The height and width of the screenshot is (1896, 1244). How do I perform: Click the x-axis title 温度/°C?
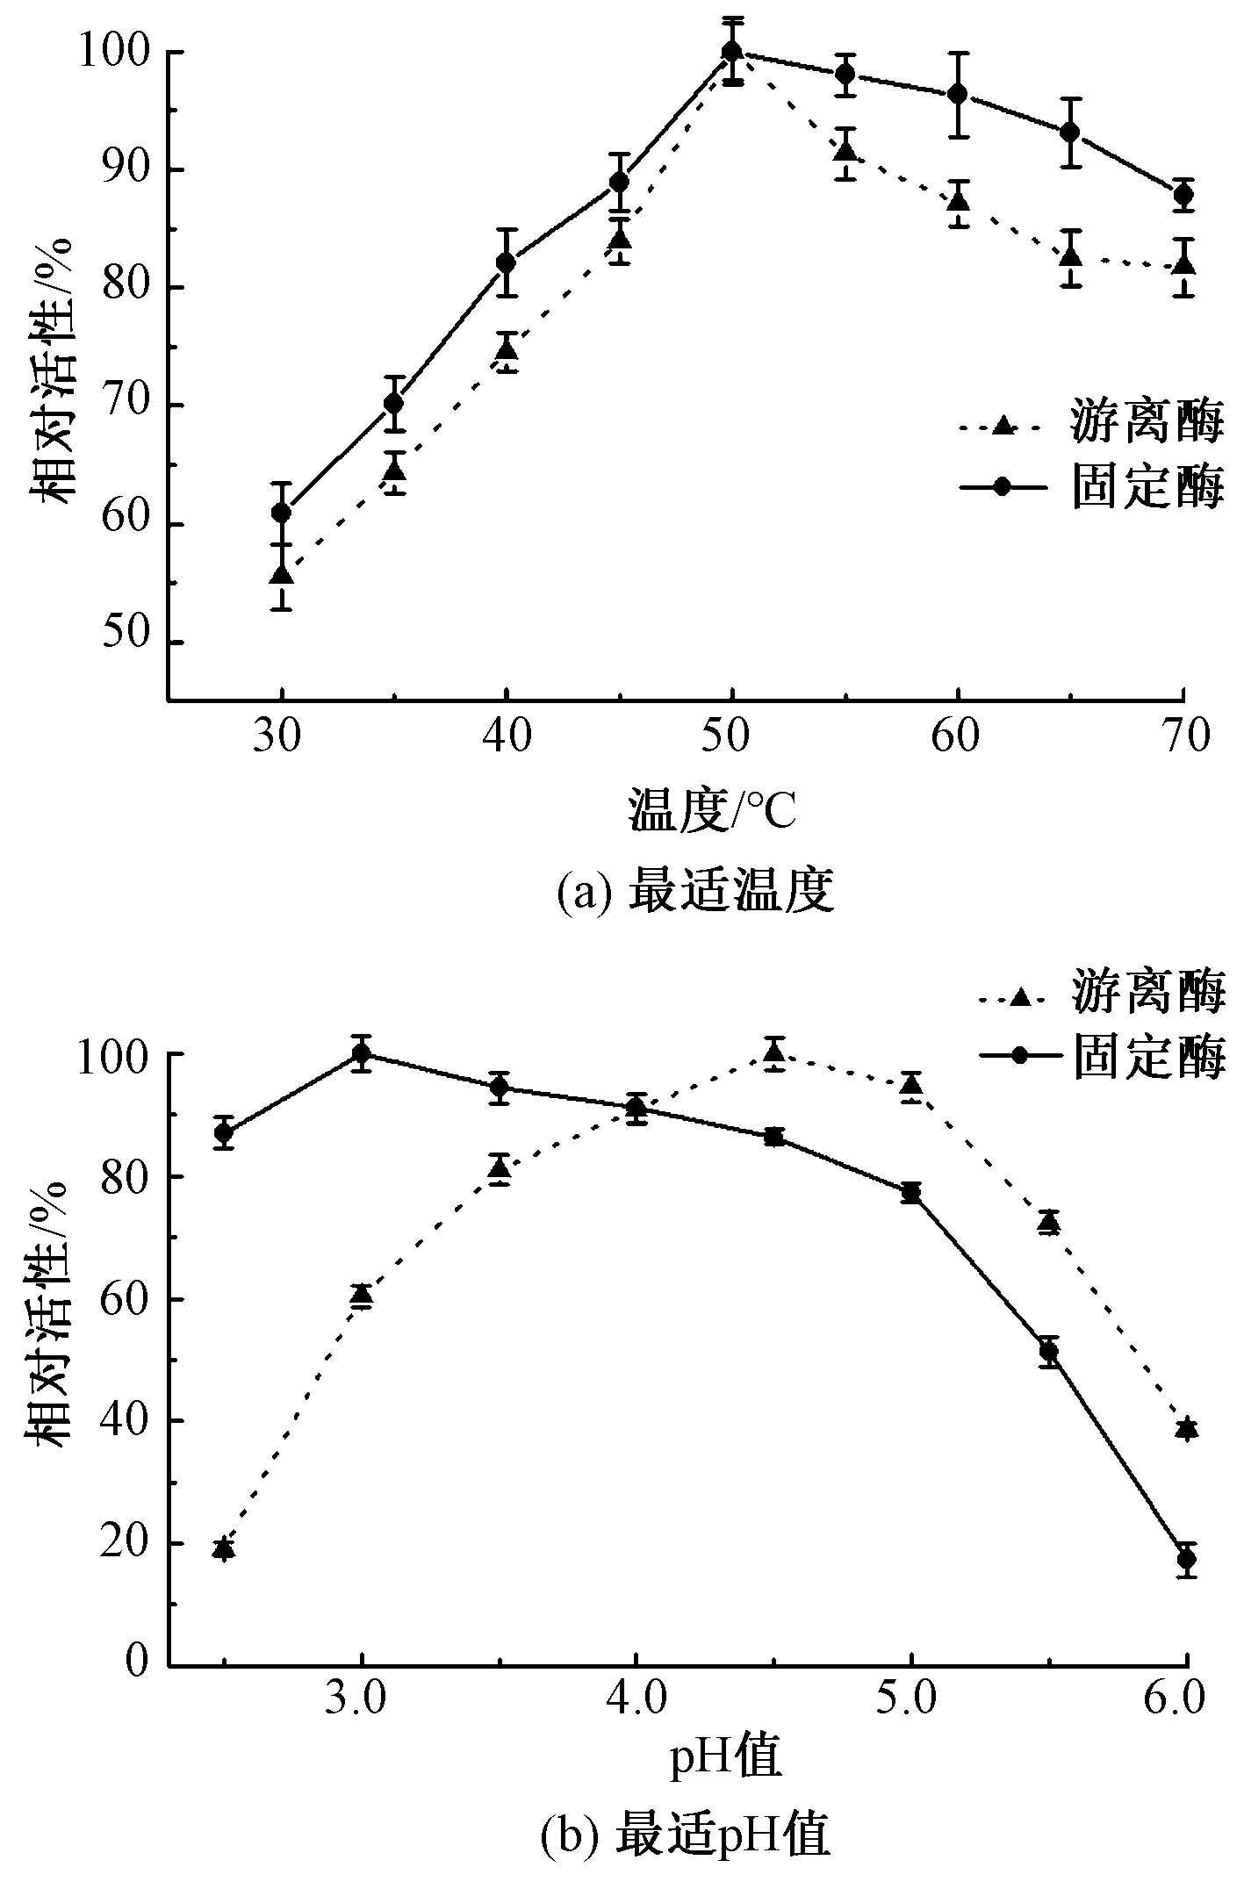[711, 810]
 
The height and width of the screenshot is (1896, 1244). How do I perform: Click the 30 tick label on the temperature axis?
[280, 736]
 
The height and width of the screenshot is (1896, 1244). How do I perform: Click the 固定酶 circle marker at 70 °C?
[1183, 195]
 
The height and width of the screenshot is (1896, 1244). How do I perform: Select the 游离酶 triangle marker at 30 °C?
[281, 575]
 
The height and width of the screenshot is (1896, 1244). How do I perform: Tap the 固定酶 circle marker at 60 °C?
[958, 94]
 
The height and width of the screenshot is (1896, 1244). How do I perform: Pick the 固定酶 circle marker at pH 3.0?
[361, 1053]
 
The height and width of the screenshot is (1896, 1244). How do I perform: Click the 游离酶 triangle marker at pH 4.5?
[773, 1052]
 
